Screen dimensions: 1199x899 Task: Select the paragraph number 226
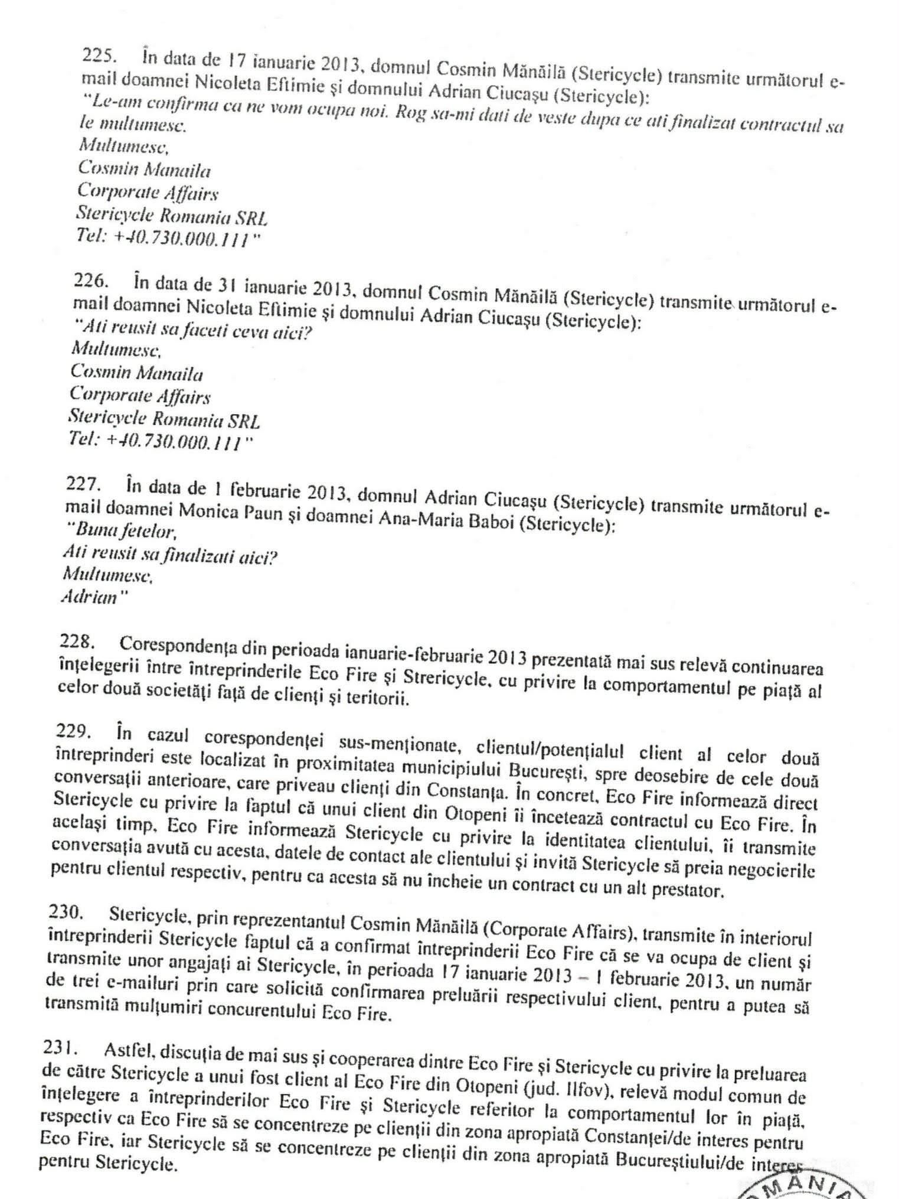click(x=91, y=280)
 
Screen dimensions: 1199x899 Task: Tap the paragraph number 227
click(x=83, y=484)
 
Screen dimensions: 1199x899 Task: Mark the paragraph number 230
click(x=66, y=912)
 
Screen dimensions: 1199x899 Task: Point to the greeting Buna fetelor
click(x=124, y=531)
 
